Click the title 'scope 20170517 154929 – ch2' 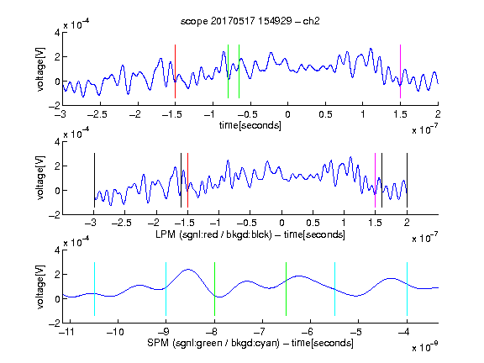[x=250, y=21]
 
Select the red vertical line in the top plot [x=175, y=71]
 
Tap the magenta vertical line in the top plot [x=400, y=71]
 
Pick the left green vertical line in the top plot [x=228, y=71]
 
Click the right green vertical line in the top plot [x=239, y=71]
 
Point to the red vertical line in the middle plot [x=187, y=181]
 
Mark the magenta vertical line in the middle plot [x=375, y=181]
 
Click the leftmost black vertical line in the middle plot [x=94, y=181]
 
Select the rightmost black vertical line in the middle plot [x=407, y=181]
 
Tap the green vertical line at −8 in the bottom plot [x=214, y=289]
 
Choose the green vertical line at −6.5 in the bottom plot [x=287, y=289]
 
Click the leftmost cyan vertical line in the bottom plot [x=94, y=289]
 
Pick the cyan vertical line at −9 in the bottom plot [x=166, y=289]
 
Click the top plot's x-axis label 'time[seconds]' [x=250, y=125]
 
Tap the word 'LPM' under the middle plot [x=166, y=234]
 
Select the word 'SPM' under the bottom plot [x=158, y=343]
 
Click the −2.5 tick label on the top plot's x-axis [x=97, y=114]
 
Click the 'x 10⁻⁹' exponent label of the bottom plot [x=424, y=347]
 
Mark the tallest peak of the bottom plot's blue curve [x=188, y=270]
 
